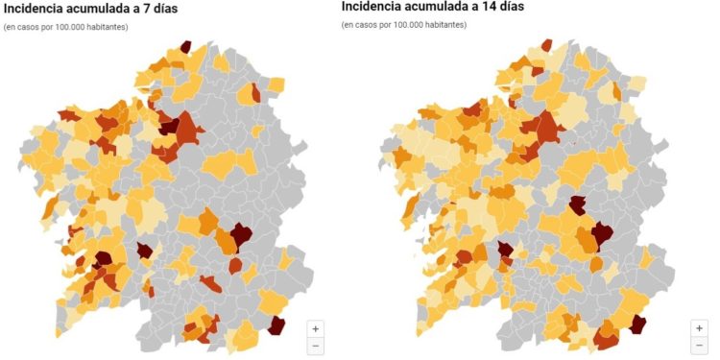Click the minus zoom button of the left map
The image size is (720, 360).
pyautogui.click(x=317, y=345)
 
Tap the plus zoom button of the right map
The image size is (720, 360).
pyautogui.click(x=700, y=327)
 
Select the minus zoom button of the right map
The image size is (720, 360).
pyautogui.click(x=700, y=345)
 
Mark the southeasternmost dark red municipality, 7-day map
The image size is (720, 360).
pyautogui.click(x=277, y=324)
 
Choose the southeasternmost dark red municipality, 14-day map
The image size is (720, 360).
pyautogui.click(x=636, y=324)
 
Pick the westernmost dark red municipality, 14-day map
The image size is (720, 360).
pyautogui.click(x=504, y=252)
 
